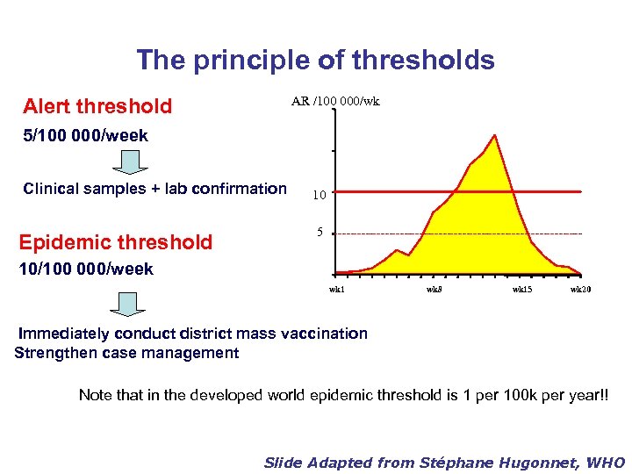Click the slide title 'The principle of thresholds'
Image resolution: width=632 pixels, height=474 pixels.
pos(315,60)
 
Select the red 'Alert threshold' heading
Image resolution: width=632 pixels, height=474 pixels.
pos(97,107)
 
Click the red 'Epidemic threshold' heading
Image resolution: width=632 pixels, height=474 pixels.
pos(118,242)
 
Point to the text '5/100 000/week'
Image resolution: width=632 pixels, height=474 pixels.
pos(86,136)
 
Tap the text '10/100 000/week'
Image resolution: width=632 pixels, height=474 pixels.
pos(87,269)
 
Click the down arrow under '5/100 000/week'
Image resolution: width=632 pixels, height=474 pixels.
pos(129,162)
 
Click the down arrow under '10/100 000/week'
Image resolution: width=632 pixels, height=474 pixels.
pos(129,304)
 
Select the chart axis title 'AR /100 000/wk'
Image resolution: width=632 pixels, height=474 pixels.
pos(335,102)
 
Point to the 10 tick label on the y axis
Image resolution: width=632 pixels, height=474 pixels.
pos(320,195)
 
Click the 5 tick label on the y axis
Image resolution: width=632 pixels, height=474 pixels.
pos(320,233)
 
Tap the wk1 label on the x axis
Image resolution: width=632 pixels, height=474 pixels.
pos(337,289)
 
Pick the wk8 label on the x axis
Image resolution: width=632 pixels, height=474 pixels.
pos(434,289)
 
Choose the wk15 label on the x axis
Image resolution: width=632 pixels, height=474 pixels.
pos(522,289)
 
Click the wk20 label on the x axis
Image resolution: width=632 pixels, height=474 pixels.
pos(580,289)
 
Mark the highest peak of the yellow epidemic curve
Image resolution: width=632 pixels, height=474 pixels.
pos(495,136)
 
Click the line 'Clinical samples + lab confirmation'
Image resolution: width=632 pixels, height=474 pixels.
pos(154,189)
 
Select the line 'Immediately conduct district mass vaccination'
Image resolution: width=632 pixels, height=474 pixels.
pos(193,334)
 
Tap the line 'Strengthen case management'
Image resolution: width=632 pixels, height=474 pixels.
pos(127,353)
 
